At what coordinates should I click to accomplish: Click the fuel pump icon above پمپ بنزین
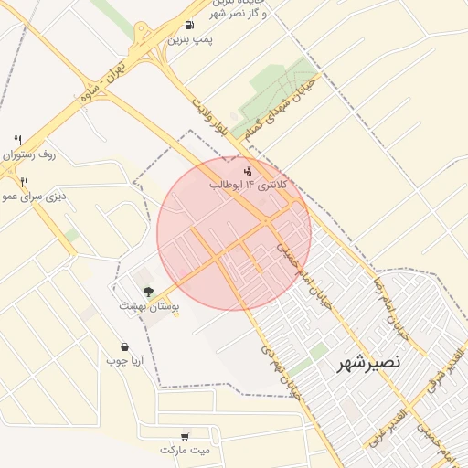coord(189,26)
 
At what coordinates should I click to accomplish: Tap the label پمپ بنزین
coord(191,41)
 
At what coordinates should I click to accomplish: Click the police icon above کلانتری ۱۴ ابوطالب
coord(247,170)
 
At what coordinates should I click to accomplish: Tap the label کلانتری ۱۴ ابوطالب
coord(249,186)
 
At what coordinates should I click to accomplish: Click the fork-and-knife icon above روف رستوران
coord(17,140)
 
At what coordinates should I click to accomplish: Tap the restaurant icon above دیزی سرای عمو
coord(24,182)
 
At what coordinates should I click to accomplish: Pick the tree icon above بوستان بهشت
coord(148,292)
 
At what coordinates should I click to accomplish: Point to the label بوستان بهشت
coord(149,307)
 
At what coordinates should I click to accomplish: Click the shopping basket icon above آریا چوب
coord(124,346)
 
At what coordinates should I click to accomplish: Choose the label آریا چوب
coord(126,362)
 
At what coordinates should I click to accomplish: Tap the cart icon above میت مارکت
coord(186,436)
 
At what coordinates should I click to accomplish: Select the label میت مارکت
coord(185,451)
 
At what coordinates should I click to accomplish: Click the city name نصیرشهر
coord(369,362)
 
